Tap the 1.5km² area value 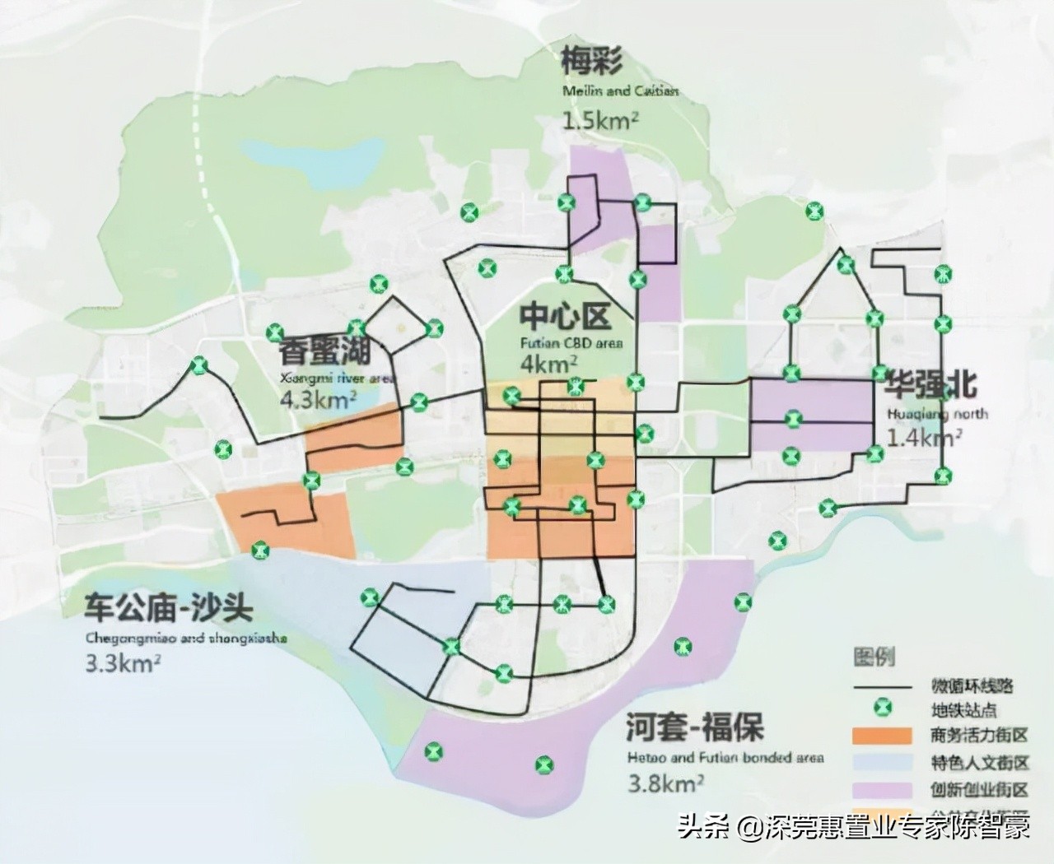600,121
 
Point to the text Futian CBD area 571,343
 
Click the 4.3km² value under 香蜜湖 318,401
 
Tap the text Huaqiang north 936,414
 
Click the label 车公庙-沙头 169,610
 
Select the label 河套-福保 694,727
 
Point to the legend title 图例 874,657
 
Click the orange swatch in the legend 883,736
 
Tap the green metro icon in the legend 883,708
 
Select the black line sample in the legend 883,686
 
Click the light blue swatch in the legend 883,762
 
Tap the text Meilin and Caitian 621,91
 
